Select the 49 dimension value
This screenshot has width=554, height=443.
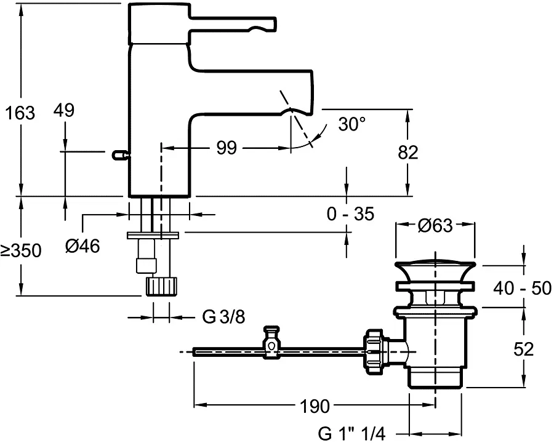click(x=63, y=111)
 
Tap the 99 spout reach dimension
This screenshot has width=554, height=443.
click(x=227, y=148)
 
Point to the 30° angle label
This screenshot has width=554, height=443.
click(x=351, y=125)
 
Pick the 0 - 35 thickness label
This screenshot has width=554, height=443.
click(x=349, y=214)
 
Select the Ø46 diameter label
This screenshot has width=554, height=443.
click(x=82, y=247)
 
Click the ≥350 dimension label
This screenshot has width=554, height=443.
click(x=20, y=250)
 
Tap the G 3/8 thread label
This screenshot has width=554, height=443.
click(x=223, y=317)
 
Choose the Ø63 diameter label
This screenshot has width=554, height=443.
click(x=435, y=226)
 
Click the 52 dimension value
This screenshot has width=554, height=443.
click(x=524, y=349)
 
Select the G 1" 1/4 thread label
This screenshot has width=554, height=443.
click(x=351, y=434)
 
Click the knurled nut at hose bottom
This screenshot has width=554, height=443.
click(x=163, y=286)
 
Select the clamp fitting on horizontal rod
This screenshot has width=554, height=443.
click(x=271, y=344)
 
